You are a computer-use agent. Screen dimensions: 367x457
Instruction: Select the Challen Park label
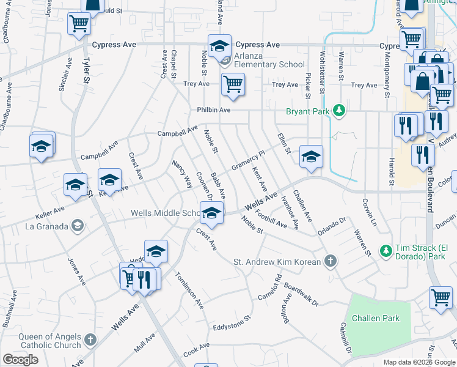(x=379, y=318)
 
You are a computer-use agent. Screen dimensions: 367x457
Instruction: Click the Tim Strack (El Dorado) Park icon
(x=386, y=251)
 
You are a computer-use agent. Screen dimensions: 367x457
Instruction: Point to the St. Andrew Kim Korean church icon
(x=331, y=262)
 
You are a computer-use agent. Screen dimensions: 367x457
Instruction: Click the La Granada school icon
(x=78, y=226)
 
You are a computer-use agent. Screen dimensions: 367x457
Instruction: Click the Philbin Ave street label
(x=213, y=110)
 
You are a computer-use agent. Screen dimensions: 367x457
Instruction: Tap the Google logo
(x=20, y=360)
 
